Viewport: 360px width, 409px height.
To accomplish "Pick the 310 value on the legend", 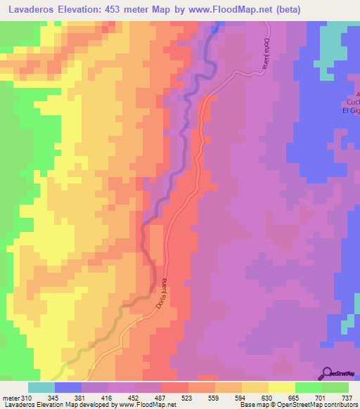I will coord(27,398).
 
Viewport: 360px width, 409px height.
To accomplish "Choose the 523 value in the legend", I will coord(188,398).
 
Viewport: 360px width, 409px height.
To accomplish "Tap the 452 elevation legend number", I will coord(134,398).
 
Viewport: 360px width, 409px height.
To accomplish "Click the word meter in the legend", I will coord(10,398).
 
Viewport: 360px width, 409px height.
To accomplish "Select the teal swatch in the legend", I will coord(41,387).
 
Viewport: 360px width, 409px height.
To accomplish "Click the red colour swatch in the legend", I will coord(174,387).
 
